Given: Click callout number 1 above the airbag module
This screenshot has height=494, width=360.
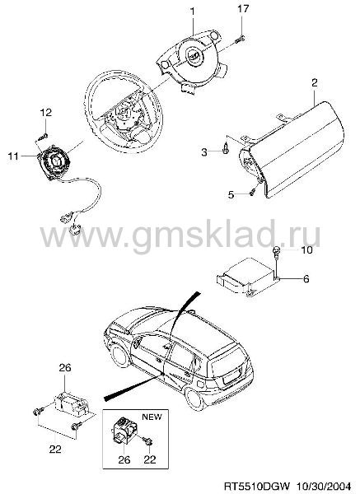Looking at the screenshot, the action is point(192,12).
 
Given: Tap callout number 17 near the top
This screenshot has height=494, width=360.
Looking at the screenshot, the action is point(243,8).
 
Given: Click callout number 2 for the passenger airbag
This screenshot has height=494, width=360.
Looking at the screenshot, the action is point(315,83).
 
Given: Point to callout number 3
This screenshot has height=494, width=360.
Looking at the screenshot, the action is point(204,152).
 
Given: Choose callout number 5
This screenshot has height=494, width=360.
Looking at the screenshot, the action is point(231,194).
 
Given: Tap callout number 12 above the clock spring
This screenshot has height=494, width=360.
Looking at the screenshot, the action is point(45,113).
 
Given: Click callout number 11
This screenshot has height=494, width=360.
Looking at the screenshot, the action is point(13,156).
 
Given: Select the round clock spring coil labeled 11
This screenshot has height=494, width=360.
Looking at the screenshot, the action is point(53,161).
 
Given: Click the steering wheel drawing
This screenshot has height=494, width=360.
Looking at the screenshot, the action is point(124,111).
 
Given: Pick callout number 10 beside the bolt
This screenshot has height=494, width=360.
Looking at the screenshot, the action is point(306,250).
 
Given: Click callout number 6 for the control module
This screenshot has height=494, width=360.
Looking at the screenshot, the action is point(306,279).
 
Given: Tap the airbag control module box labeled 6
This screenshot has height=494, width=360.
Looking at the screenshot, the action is point(247,280).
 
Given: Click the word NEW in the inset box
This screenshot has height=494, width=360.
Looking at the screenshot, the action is point(152,417).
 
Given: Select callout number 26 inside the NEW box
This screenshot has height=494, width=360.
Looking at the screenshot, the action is point(124,459).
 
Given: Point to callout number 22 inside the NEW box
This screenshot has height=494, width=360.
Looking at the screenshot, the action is point(150,459).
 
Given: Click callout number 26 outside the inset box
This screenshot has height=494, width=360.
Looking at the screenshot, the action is point(65,368).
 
